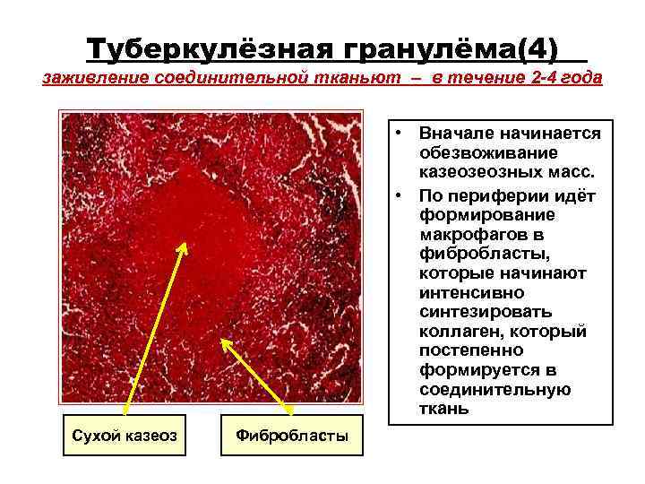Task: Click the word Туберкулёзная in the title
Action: tap(195, 46)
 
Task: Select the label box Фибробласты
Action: tap(291, 435)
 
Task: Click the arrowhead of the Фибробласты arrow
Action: tap(225, 343)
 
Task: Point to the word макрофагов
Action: tap(467, 235)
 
